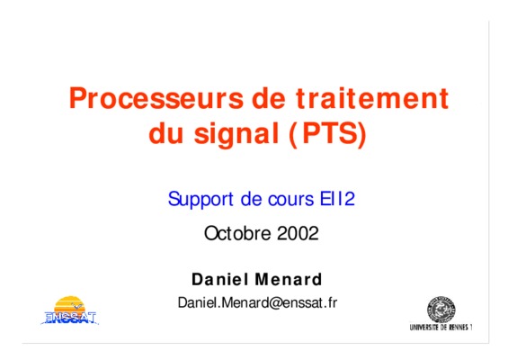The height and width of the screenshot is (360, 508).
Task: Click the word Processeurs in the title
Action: [156, 98]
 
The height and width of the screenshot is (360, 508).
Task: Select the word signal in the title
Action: [236, 134]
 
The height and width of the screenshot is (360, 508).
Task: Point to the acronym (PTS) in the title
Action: [327, 133]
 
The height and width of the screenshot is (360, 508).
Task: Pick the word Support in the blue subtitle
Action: [201, 200]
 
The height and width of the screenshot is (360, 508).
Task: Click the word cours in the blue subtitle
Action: [291, 199]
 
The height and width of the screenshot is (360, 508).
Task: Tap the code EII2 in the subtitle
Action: [337, 199]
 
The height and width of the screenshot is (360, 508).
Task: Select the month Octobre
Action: [237, 233]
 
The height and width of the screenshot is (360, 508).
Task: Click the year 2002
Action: [299, 233]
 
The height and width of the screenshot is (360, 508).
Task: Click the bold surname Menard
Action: [289, 279]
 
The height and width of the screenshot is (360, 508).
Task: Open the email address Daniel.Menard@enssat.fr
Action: [257, 302]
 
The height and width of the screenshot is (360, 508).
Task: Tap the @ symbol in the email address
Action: [275, 303]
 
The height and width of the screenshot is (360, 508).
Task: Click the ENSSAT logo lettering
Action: [70, 318]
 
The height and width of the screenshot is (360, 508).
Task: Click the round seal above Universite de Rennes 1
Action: [441, 309]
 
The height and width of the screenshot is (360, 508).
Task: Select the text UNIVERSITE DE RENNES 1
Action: [441, 328]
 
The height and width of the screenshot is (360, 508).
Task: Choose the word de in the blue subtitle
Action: [251, 199]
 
